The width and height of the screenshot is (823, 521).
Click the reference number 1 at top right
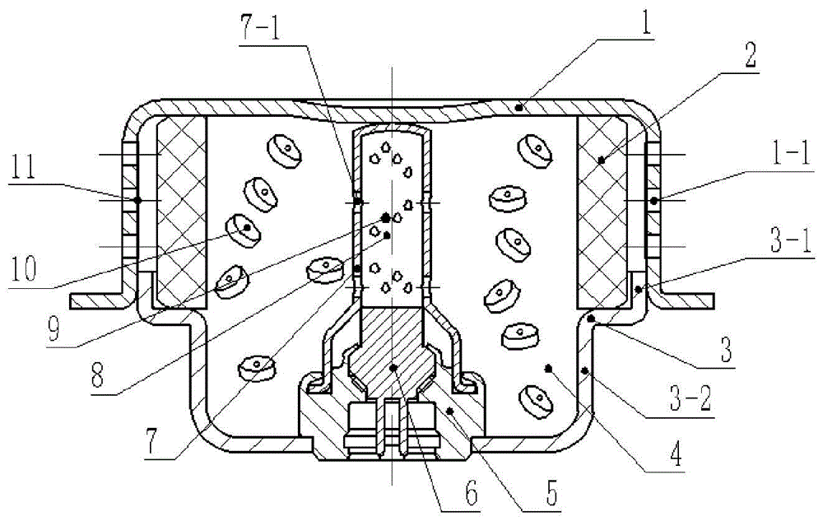click(645, 19)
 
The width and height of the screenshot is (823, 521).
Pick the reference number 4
click(676, 454)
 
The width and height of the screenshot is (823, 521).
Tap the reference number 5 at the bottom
click(551, 492)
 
